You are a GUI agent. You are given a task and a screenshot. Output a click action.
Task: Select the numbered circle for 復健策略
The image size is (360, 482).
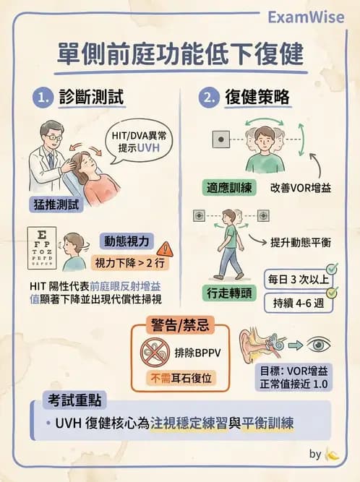coord(210,97)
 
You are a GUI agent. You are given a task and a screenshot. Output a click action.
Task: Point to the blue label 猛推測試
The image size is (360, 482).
coord(54,204)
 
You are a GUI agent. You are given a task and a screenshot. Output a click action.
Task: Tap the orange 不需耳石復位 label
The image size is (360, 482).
coord(179,378)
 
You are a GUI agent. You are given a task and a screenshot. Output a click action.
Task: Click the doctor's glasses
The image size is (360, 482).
coord(53,137)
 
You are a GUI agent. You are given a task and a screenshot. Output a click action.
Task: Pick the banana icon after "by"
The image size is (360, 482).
coord(333,455)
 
